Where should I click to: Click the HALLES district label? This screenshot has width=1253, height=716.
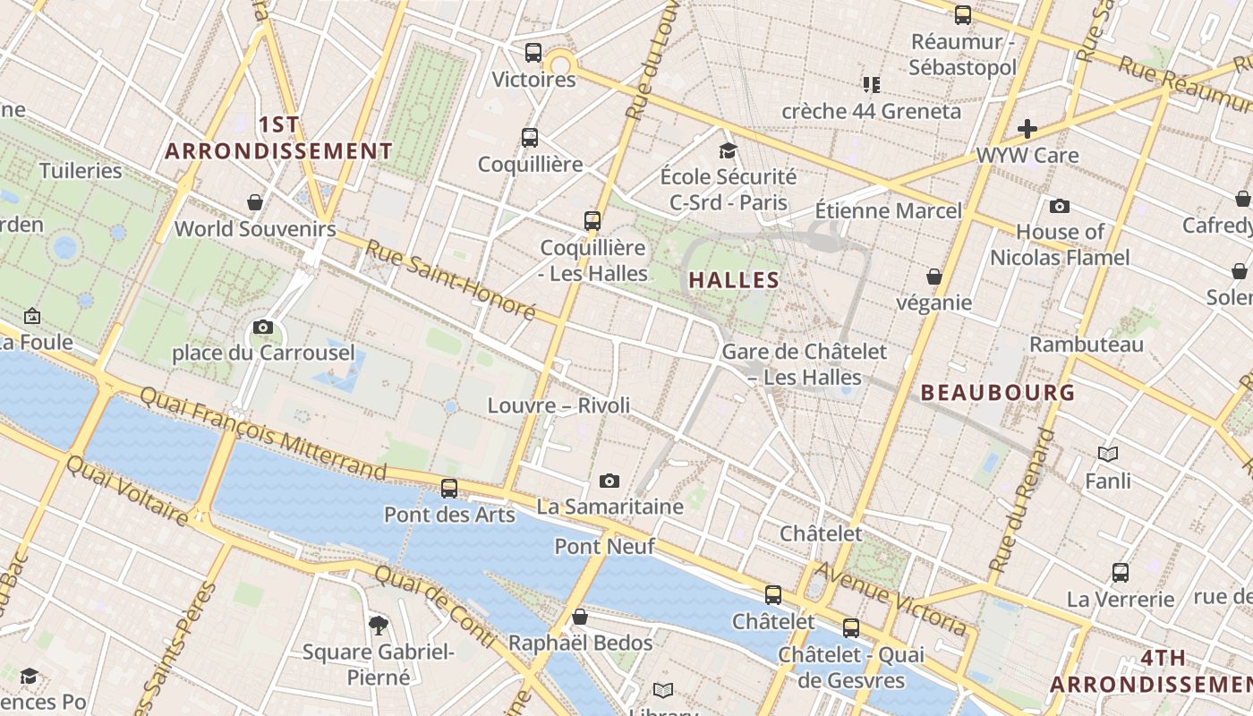(x=734, y=280)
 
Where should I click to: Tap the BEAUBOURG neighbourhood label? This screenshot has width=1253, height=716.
(x=998, y=392)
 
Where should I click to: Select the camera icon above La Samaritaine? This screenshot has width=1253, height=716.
(x=609, y=482)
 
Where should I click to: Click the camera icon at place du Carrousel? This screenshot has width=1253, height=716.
(x=263, y=328)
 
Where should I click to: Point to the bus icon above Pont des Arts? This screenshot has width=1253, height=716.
(x=449, y=489)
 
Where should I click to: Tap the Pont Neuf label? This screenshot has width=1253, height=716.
(x=605, y=546)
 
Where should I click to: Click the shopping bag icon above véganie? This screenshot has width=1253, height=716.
(x=934, y=277)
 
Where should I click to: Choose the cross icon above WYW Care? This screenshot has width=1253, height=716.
(x=1027, y=129)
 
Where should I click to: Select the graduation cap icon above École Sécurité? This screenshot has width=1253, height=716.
(x=728, y=150)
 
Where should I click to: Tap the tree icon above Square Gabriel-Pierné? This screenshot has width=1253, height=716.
(x=379, y=625)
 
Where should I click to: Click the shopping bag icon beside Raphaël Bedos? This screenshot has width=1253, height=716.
(x=580, y=617)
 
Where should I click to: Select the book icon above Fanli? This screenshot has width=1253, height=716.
(x=1108, y=455)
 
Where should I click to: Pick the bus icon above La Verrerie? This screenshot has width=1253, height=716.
(x=1121, y=573)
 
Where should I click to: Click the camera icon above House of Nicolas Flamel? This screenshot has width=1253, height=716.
(x=1060, y=207)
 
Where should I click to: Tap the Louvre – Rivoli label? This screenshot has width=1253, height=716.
(x=558, y=405)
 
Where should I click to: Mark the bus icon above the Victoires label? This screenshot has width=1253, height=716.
(x=533, y=53)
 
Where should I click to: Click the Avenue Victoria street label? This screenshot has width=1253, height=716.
(x=891, y=598)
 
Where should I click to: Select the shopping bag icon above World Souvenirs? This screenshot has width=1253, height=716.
(x=255, y=202)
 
